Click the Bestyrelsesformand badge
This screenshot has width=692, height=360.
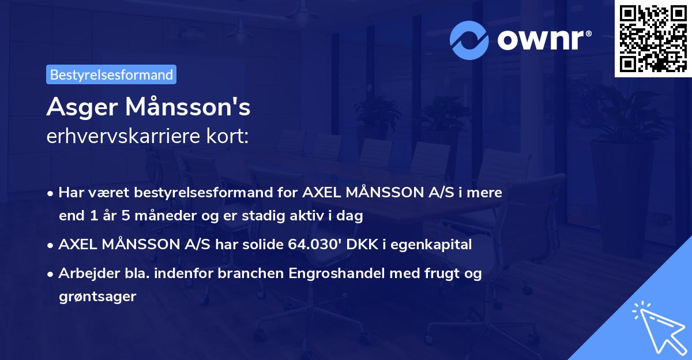pyautogui.click(x=111, y=74)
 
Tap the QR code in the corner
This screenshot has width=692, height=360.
pyautogui.click(x=653, y=39)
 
